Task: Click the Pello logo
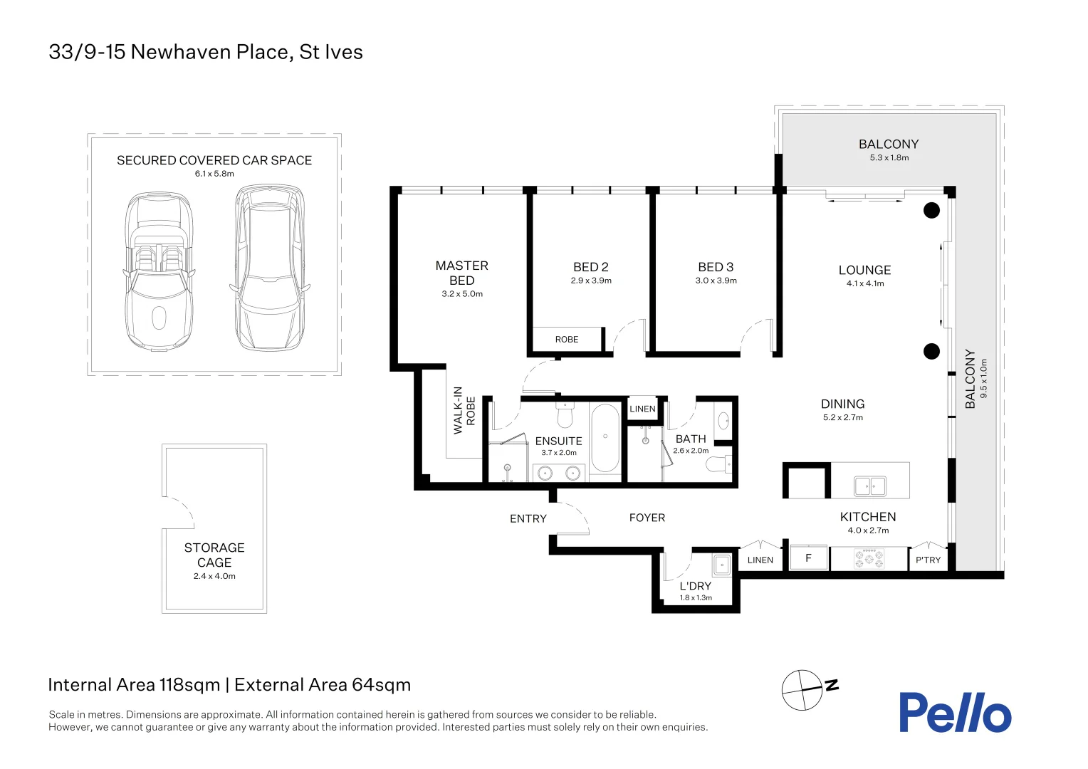(955, 712)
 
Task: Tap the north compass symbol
(809, 690)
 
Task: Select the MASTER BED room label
(462, 273)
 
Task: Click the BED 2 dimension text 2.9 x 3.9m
(591, 281)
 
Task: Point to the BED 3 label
(716, 267)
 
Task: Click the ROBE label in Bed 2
(567, 339)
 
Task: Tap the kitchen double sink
(870, 486)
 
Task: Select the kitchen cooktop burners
(869, 558)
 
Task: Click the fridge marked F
(809, 558)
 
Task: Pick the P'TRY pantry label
(929, 560)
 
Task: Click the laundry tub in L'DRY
(722, 565)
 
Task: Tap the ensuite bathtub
(605, 438)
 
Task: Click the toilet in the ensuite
(565, 415)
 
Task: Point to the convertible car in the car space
(159, 271)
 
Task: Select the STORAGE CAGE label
(214, 555)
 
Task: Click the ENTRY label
(528, 519)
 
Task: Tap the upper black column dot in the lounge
(931, 210)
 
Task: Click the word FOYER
(647, 518)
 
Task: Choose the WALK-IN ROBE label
(464, 411)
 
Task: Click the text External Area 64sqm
(323, 684)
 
